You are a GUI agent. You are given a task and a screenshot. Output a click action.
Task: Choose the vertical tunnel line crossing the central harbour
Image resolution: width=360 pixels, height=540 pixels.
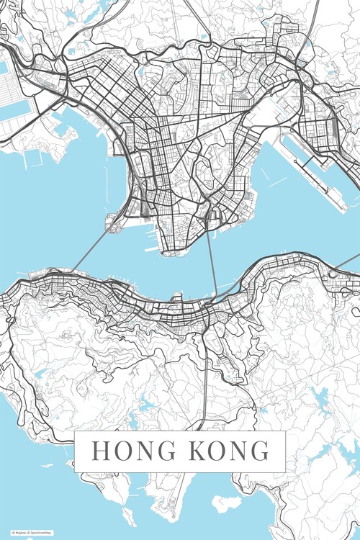click(x=211, y=266)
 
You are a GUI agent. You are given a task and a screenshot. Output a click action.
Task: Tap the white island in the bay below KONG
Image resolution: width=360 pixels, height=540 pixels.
click(x=228, y=503)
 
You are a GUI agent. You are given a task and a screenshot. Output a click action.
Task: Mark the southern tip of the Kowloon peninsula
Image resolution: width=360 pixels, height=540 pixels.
click(x=173, y=252)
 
